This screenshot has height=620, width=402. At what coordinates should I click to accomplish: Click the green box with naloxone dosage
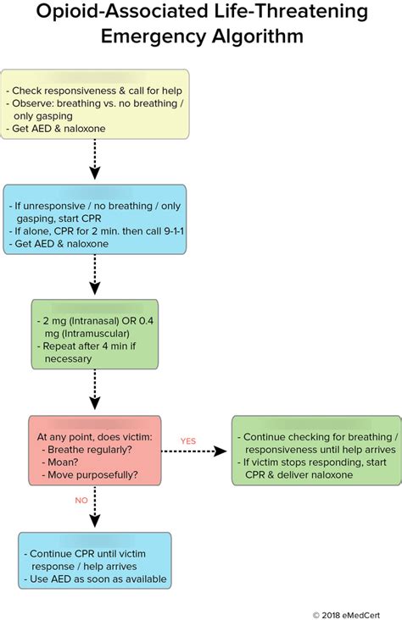pyautogui.click(x=95, y=333)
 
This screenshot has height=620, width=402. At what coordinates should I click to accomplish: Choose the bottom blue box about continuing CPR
pyautogui.click(x=94, y=560)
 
